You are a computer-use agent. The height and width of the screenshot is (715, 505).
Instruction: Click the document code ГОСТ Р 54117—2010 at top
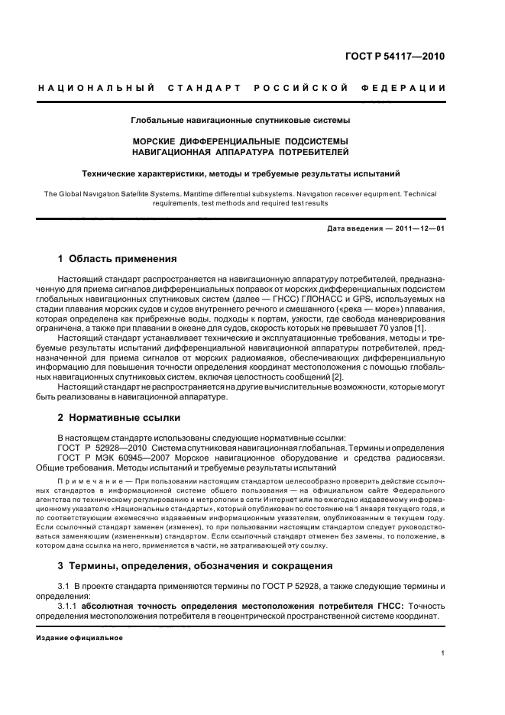396,57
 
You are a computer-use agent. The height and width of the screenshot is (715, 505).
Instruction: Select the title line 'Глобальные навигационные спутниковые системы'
240,121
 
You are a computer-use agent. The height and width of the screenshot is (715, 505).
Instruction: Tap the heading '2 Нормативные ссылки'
119,418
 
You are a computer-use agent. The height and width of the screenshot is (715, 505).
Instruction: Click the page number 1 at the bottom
443,653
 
